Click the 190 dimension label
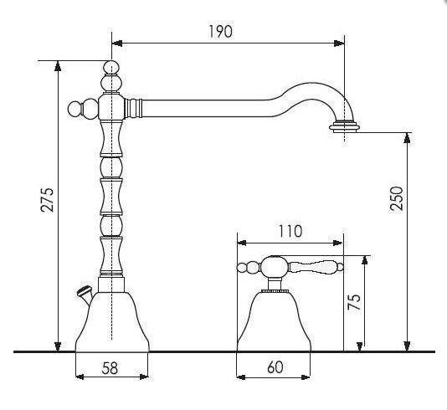coord(221,31)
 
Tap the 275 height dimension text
coord(47,200)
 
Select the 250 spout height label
coord(397,198)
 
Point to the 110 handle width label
coord(290,231)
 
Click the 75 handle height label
coord(354,301)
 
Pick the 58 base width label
coord(110,368)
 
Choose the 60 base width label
coord(275,367)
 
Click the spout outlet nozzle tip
coord(343,127)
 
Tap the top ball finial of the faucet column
coord(111,67)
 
